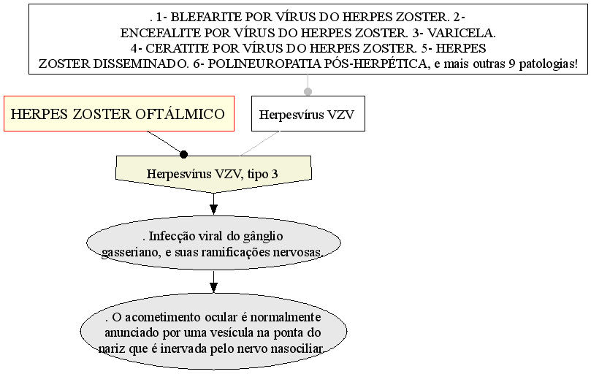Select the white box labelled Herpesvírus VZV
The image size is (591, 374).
(x=308, y=113)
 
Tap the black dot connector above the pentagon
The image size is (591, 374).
(x=183, y=154)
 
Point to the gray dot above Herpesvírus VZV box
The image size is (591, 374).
(x=308, y=91)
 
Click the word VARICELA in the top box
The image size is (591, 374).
(x=462, y=33)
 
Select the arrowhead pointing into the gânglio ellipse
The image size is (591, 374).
(x=214, y=210)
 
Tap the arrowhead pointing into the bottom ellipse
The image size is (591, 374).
(x=214, y=287)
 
